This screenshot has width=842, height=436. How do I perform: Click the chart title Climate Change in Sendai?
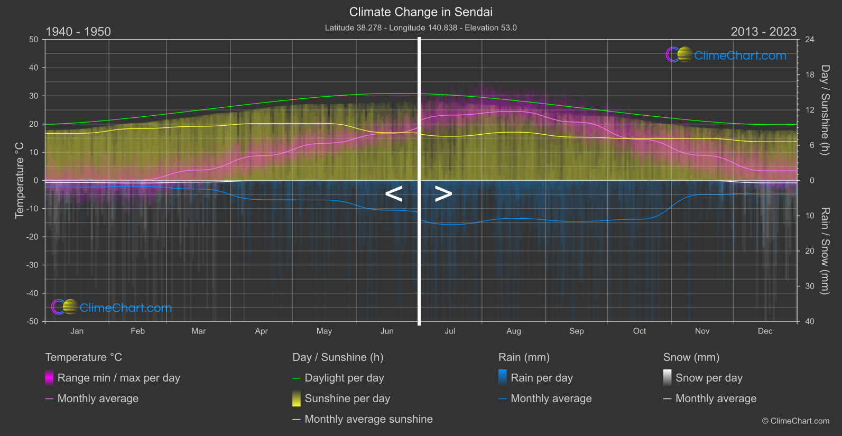pos(421,12)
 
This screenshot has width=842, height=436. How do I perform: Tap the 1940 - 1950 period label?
pos(78,32)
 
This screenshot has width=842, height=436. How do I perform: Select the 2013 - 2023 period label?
pos(763,32)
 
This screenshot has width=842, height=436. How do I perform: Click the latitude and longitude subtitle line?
pos(421,27)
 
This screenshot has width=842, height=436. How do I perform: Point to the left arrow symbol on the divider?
pos(394,194)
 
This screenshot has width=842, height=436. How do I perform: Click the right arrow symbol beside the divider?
pos(443,194)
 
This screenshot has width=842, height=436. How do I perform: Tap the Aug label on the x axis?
pos(513,331)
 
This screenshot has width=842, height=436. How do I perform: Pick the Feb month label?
pos(137,331)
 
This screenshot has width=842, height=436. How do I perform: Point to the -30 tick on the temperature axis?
pos(33,265)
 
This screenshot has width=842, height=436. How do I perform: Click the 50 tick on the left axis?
pos(34,40)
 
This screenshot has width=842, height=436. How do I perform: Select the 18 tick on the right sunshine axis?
pos(809,75)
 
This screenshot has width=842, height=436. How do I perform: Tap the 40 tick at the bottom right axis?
pos(809,321)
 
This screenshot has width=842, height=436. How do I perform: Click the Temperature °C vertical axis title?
pos(20,180)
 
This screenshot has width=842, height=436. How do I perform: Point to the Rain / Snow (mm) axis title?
pos(825,251)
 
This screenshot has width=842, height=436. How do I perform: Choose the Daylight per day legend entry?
pos(344,378)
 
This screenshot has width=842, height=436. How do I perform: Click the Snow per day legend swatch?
pos(667,378)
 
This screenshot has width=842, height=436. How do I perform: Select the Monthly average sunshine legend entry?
pos(368,419)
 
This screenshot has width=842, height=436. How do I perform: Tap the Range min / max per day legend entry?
pos(118,378)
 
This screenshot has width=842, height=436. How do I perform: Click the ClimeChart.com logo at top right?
pos(726,55)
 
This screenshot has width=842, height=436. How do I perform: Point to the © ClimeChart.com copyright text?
pos(795,421)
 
